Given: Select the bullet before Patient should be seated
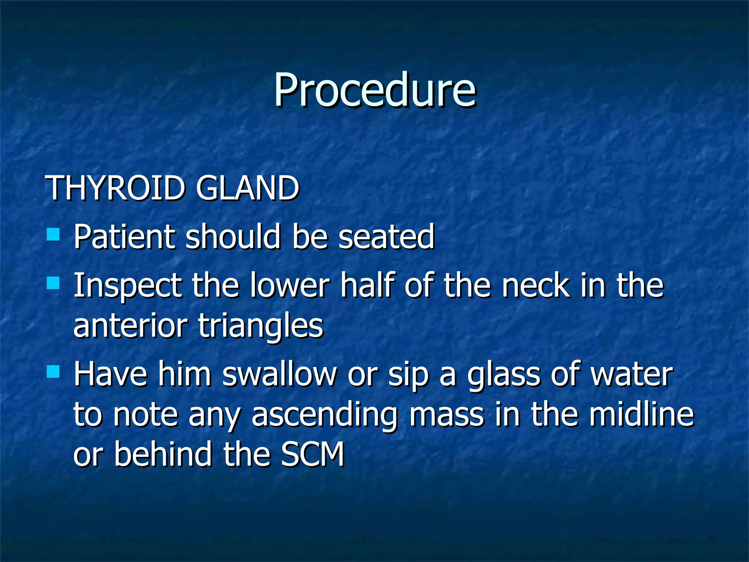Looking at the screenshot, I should point(53,234).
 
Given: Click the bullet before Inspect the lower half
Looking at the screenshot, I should point(53,283).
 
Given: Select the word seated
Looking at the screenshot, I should point(386,237).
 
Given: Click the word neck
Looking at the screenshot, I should point(535,285).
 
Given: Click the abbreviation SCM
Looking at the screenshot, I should point(313,454).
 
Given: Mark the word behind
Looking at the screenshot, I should point(163,454).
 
